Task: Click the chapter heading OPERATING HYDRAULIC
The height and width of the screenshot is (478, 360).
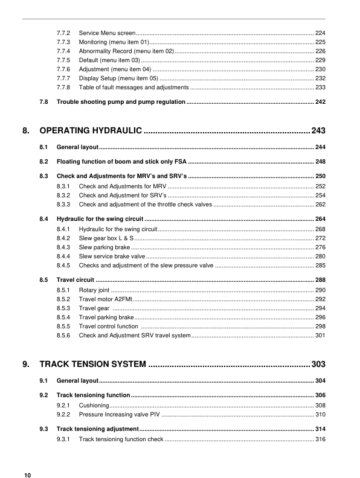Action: tap(91, 130)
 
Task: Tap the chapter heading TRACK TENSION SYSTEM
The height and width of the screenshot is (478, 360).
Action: tap(93, 364)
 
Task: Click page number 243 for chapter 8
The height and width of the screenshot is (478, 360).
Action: tap(318, 130)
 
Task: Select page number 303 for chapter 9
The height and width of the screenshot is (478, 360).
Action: tap(318, 364)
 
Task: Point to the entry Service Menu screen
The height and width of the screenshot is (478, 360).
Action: tap(107, 31)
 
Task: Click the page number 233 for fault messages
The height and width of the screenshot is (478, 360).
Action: tap(320, 88)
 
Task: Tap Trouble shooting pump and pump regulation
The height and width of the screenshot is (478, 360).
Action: tap(121, 102)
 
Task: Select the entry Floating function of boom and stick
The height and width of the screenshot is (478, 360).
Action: tap(121, 162)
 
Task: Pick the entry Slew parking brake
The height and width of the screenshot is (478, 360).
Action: tap(104, 247)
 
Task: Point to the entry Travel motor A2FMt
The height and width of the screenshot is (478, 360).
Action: tap(105, 299)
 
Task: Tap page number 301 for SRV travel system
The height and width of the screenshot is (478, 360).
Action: tap(320, 336)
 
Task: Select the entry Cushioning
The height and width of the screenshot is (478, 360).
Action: tap(94, 406)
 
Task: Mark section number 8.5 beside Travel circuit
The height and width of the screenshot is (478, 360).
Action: tap(43, 280)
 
